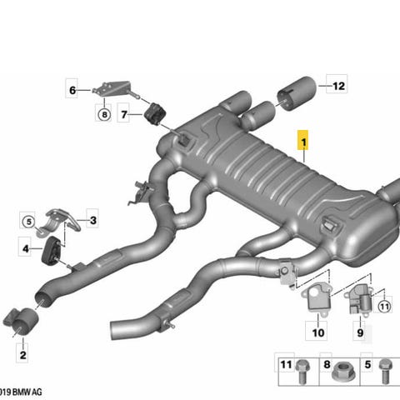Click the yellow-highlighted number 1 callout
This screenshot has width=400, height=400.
tap(303, 142)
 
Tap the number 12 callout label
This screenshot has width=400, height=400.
tap(338, 86)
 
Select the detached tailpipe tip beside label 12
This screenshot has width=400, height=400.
tap(297, 93)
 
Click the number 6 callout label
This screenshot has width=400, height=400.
tap(72, 90)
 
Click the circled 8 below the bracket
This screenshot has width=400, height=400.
tap(104, 114)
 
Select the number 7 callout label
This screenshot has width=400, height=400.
tap(124, 114)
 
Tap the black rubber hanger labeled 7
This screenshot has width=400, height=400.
tap(156, 114)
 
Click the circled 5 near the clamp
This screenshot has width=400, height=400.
tap(29, 222)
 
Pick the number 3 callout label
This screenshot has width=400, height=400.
tap(93, 221)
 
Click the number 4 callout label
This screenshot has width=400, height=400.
tap(26, 248)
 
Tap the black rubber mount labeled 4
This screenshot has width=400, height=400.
tap(52, 250)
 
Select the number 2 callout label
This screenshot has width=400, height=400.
tap(22, 355)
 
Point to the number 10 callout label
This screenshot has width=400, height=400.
tap(318, 332)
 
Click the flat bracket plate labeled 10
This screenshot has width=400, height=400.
tap(316, 300)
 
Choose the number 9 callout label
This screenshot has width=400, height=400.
tap(360, 332)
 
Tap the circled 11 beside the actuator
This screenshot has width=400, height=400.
tap(384, 307)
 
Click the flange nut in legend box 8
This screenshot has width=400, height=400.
tap(343, 372)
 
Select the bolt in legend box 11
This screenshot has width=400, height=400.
tap(302, 372)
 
